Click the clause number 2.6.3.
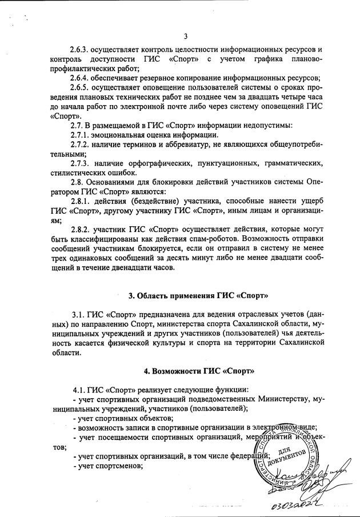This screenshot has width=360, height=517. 83,50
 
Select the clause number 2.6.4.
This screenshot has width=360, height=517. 83,78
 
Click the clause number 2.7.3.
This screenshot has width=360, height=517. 83,163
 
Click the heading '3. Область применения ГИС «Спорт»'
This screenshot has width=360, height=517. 198,295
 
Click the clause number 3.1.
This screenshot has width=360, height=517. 79,315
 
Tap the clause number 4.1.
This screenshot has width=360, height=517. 79,390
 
